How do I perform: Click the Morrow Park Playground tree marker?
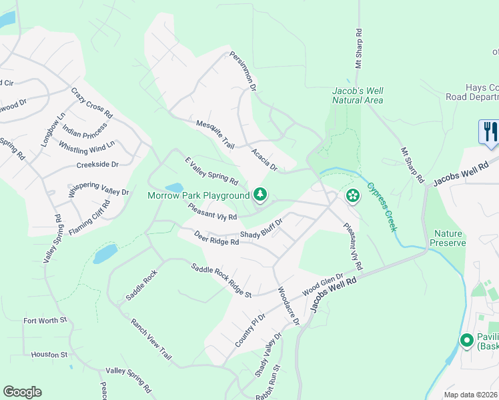pos(260,195)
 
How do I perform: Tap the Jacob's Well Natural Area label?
pos(358,95)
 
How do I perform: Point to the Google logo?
pos(22,392)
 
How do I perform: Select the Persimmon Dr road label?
pos(243,71)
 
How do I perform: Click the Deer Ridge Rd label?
pos(216,238)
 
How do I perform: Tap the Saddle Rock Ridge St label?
pos(221,281)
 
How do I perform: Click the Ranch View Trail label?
pos(151,340)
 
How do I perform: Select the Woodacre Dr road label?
pos(288,307)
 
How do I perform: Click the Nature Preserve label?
pos(449,239)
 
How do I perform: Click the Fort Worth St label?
pos(46,321)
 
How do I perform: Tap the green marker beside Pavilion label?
pos(468,340)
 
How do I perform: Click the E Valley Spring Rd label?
pos(211,171)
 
